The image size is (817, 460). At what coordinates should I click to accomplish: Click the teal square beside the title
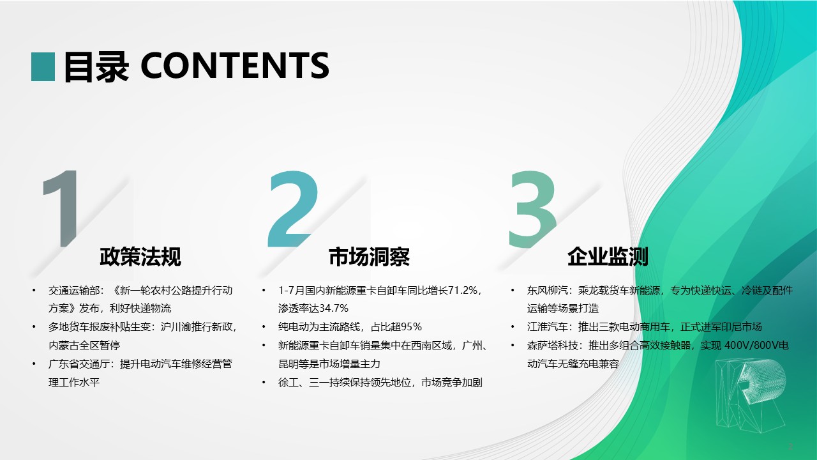pos(43,67)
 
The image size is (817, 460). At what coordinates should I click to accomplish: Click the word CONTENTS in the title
pos(235,66)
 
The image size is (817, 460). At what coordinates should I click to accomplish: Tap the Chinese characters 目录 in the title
pos(96,67)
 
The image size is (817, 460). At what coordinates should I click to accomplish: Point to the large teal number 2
pos(292,209)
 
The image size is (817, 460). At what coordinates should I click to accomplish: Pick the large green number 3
pos(532,209)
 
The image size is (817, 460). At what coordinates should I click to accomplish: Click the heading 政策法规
pos(140,256)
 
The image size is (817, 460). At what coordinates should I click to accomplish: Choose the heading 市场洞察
pos(369,256)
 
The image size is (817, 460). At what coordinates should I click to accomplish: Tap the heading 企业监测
pos(608,256)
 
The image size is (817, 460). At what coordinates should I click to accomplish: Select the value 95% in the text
pos(412,326)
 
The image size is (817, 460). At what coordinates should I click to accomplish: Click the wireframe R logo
pos(750,395)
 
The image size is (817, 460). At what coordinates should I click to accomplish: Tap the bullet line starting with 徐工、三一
pos(380,382)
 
